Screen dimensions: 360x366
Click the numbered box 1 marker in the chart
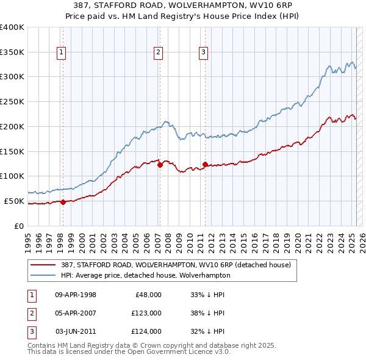point(62,53)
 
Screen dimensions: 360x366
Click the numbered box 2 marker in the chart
point(158,53)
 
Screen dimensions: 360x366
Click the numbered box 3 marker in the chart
point(203,53)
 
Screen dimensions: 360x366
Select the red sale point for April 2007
point(160,164)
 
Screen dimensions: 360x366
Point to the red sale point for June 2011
point(205,164)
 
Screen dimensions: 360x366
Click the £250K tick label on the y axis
point(12,102)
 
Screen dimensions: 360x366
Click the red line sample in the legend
point(45,265)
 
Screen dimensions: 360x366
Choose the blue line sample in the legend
point(45,275)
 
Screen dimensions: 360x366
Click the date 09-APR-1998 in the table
point(76,295)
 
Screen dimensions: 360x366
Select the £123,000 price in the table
point(146,313)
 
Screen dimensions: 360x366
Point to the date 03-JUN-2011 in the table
point(76,331)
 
